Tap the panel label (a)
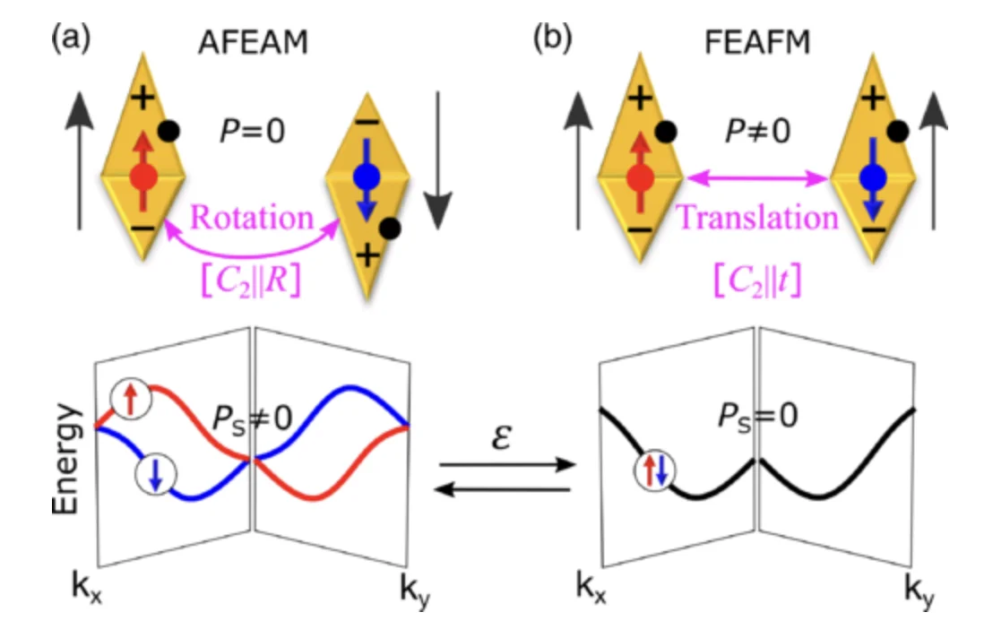pos(71,39)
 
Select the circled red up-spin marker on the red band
pos(130,400)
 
